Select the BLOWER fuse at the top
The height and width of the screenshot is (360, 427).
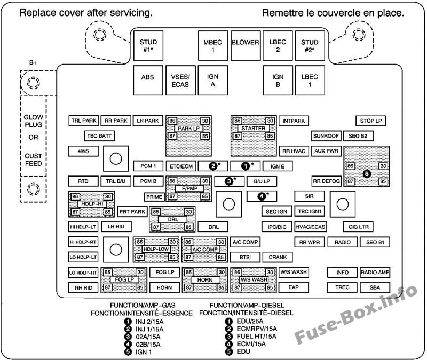pos(246,42)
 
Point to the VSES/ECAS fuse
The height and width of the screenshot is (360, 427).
pos(180,81)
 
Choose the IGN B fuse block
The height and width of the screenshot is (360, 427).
pos(278,81)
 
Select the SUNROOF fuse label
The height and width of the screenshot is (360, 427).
pos(326,136)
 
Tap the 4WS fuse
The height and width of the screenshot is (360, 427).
pos(83,151)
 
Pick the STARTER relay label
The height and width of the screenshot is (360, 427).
pos(253,129)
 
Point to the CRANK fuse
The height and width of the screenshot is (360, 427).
pos(278,257)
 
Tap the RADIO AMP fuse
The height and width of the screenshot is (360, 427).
pos(375,273)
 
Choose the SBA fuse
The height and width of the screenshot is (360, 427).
pos(375,287)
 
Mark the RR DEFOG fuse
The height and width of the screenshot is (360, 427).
pos(326,181)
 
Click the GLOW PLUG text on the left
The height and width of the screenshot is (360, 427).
pos(33,122)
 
